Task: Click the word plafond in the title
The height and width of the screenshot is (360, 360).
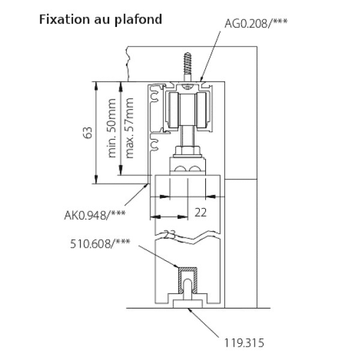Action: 138,20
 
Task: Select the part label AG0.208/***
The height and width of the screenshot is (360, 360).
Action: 256,23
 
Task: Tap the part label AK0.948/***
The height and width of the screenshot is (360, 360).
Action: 95,215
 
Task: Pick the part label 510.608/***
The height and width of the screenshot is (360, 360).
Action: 100,244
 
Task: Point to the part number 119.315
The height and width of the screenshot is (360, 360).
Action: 244,343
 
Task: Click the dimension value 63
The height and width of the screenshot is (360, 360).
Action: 88,133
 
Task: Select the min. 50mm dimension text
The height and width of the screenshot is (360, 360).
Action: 112,128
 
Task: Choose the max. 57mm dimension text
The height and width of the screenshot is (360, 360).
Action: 129,128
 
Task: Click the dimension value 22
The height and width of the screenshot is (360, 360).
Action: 200,212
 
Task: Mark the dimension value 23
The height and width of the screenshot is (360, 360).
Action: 169,235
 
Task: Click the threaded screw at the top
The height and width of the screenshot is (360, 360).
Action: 188,67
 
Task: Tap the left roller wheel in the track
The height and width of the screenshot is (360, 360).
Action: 173,110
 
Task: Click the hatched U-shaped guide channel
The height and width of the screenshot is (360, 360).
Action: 188,280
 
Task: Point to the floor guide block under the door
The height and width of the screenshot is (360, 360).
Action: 188,304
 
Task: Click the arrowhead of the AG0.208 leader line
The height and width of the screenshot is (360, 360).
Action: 202,78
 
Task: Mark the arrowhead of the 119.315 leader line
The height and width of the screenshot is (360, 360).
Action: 190,310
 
